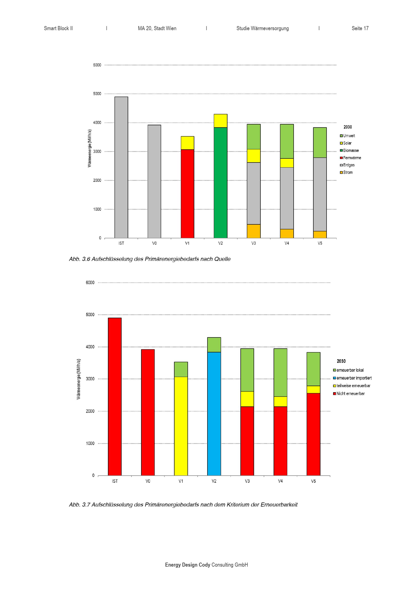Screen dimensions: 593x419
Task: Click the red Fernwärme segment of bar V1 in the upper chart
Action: pyautogui.click(x=187, y=194)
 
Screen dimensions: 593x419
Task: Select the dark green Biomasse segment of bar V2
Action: pyautogui.click(x=221, y=183)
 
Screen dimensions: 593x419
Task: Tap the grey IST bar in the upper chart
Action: pyautogui.click(x=121, y=167)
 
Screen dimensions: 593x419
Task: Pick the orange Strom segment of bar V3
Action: pyautogui.click(x=254, y=231)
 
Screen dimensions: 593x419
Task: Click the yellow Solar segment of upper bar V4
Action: pyautogui.click(x=287, y=163)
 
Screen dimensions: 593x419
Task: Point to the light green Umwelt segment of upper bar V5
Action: pyautogui.click(x=320, y=143)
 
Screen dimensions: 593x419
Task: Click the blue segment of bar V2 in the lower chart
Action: pyautogui.click(x=214, y=414)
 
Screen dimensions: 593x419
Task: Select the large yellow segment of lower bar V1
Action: pyautogui.click(x=181, y=426)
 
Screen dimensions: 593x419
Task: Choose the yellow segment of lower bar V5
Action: pyautogui.click(x=313, y=389)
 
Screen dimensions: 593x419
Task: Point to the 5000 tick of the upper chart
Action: pyautogui.click(x=97, y=94)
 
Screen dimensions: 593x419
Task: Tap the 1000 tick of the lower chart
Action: pyautogui.click(x=90, y=443)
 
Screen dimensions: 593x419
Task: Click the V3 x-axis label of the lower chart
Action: pyautogui.click(x=247, y=481)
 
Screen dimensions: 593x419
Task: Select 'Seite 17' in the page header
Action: pyautogui.click(x=360, y=28)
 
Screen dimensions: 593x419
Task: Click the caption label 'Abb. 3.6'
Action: pyautogui.click(x=79, y=259)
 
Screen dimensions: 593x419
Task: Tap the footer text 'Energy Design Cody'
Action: pyautogui.click(x=188, y=565)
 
